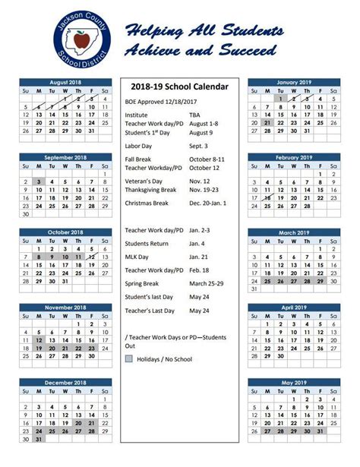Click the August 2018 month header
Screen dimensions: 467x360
(65, 81)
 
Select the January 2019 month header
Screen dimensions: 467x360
(294, 81)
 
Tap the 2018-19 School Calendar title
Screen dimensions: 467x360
(178, 87)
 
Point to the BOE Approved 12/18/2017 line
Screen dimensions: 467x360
(160, 100)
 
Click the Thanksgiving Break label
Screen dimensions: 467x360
(150, 189)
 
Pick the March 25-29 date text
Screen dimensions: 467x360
(206, 283)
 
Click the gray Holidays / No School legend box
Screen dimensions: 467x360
(129, 359)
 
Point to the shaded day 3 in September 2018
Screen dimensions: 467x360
(39, 181)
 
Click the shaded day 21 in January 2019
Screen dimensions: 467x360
(267, 122)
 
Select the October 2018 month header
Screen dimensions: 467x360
(65, 232)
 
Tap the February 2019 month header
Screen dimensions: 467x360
(294, 157)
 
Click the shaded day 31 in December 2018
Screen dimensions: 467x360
(39, 439)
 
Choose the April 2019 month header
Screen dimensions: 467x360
(294, 308)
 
